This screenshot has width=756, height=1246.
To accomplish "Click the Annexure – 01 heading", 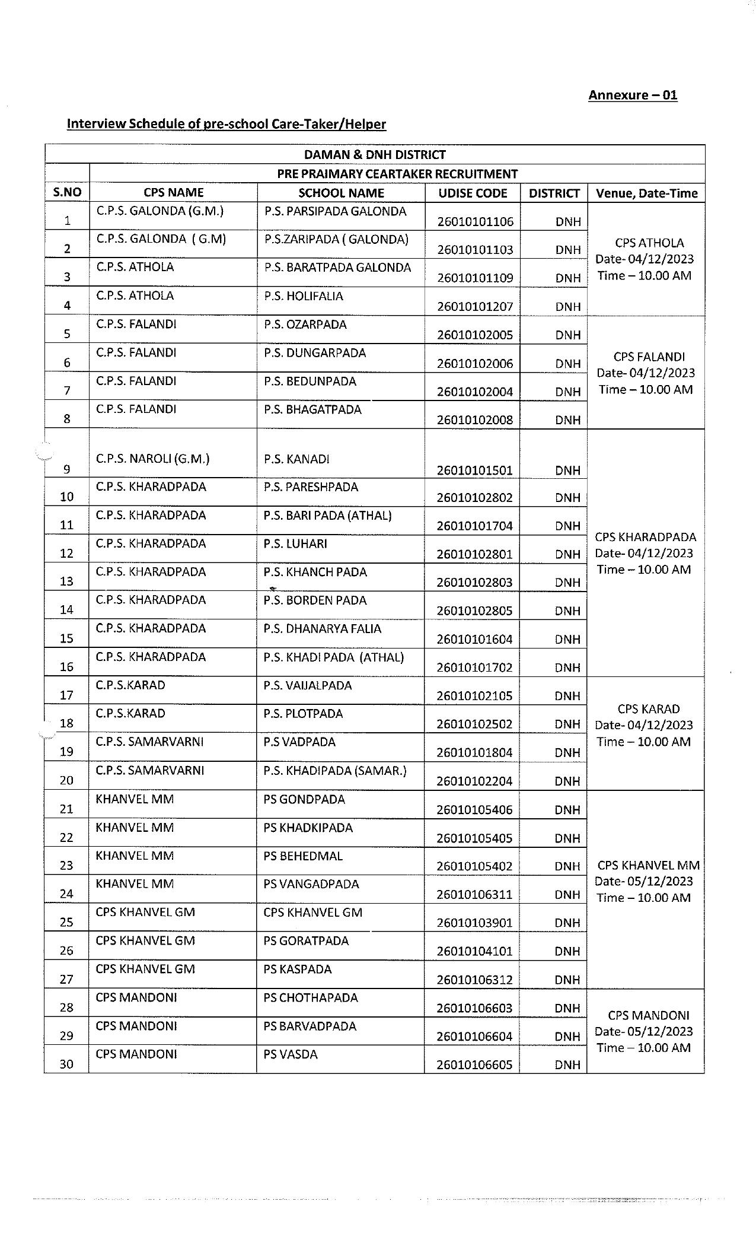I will tap(632, 95).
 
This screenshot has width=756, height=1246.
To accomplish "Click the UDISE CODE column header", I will tap(473, 193).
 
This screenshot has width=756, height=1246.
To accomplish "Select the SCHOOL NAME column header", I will tap(341, 193).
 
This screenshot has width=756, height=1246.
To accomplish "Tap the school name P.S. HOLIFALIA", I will tap(304, 296).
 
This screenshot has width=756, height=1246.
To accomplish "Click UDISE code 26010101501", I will tap(474, 471).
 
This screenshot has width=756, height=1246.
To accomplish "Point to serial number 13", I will tap(66, 581).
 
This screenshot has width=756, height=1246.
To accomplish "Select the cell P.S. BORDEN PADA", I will tap(315, 600).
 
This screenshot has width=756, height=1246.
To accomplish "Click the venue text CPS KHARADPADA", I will tap(645, 537).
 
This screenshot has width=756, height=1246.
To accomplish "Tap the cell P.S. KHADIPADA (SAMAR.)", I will tap(335, 771).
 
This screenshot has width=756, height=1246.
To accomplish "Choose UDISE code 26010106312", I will tap(474, 980).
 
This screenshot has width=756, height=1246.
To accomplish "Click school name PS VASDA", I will tap(291, 1054).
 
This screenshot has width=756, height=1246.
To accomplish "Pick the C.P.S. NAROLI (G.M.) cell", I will tap(153, 459).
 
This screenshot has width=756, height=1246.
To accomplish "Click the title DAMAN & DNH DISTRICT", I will tap(374, 155).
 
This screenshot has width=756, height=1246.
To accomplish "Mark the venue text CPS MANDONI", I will tap(648, 1015).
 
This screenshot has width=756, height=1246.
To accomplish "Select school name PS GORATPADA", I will tap(306, 941).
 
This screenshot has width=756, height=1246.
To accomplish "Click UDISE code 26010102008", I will tap(474, 420).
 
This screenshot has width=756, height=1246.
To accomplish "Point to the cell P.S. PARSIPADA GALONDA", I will tap(335, 211).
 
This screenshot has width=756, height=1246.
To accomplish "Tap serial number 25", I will tap(66, 922).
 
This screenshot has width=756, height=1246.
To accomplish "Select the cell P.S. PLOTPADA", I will tap(303, 714).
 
